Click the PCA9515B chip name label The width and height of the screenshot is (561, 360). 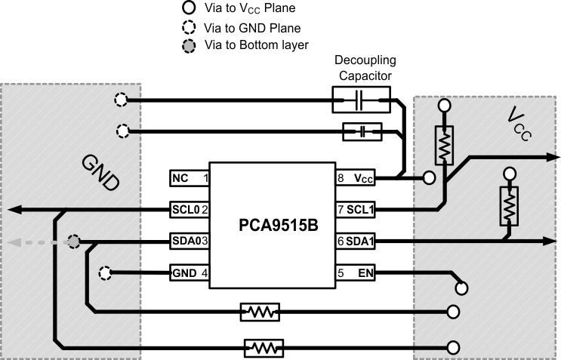274,225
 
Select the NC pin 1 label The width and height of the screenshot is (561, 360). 189,179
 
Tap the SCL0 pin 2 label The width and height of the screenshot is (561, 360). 189,209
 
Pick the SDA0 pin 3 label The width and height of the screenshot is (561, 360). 189,241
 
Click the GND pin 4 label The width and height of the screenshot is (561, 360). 189,272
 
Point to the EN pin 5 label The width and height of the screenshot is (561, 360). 358,272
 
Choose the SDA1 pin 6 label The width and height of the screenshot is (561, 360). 358,241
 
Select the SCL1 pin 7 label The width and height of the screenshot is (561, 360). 358,209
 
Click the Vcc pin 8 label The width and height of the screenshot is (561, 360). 358,179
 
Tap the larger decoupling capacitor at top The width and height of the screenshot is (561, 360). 361,100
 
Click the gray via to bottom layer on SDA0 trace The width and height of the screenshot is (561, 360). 74,242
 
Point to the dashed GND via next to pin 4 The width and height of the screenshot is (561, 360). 106,272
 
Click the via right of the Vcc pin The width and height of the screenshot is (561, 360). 429,179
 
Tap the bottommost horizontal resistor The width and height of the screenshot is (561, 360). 264,347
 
